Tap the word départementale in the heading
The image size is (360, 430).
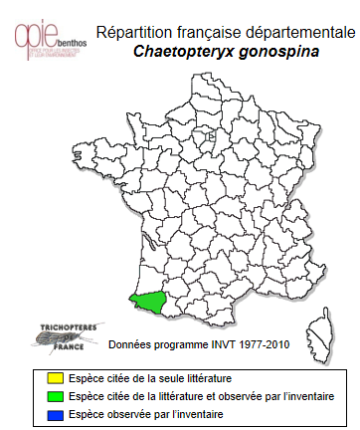pos(299,32)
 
